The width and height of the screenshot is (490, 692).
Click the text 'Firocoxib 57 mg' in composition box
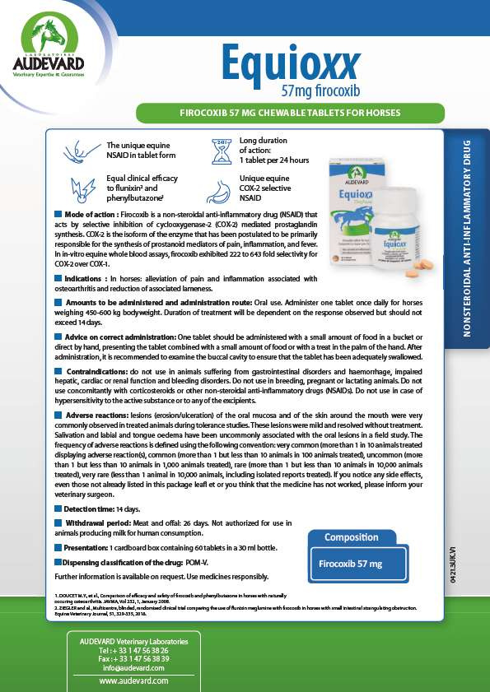pos(351,564)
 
